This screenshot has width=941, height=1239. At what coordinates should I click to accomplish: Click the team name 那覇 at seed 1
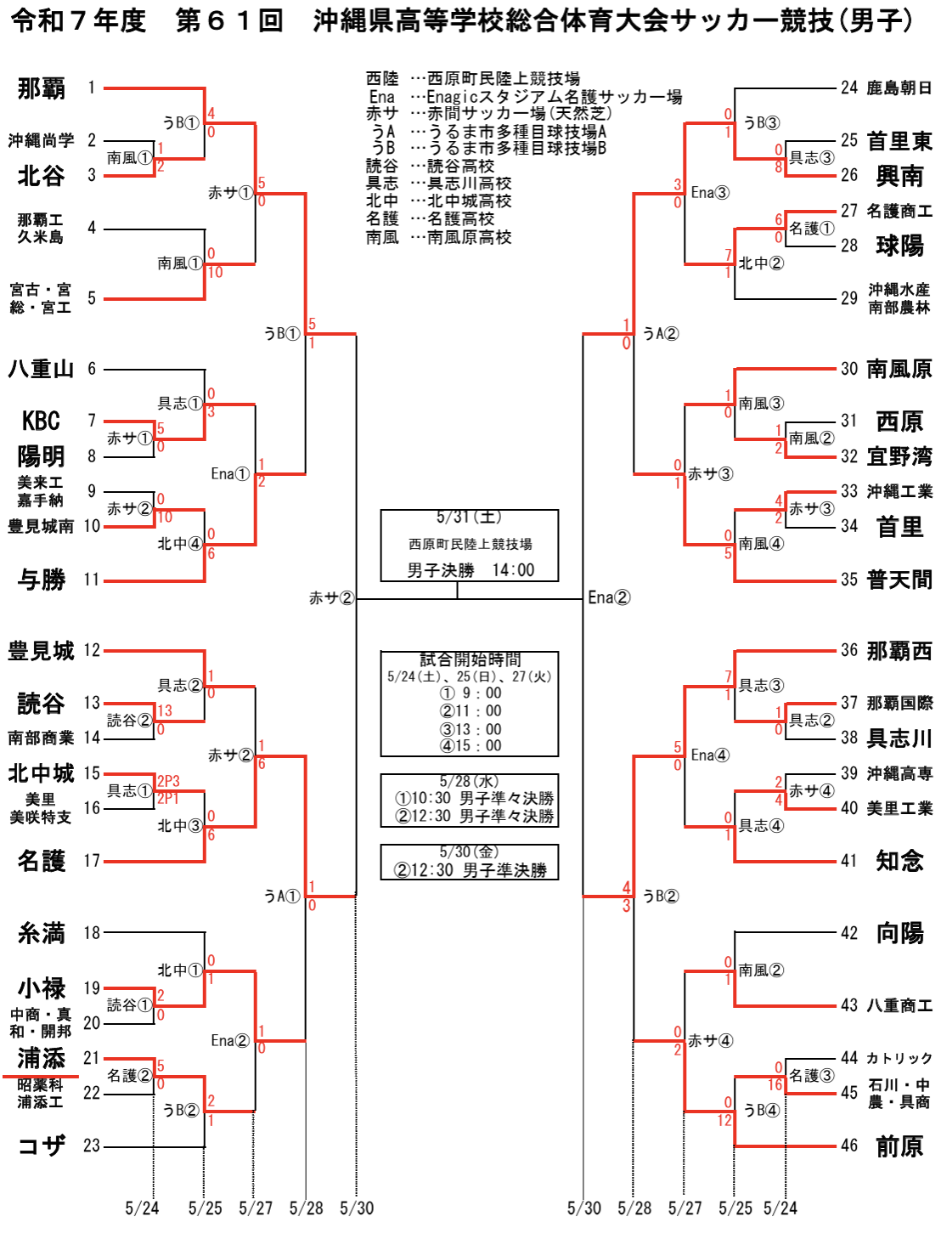click(x=41, y=88)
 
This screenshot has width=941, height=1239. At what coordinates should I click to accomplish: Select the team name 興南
click(x=899, y=176)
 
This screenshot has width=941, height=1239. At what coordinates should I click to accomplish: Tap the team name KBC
click(x=41, y=421)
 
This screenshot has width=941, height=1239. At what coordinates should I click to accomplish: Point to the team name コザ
click(x=41, y=1146)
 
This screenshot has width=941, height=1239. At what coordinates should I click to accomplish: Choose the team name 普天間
click(x=899, y=580)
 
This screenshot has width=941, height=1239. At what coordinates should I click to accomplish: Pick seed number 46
click(x=849, y=1146)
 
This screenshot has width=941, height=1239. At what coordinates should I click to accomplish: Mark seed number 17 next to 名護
click(x=92, y=861)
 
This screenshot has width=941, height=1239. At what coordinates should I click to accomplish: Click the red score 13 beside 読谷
click(x=164, y=711)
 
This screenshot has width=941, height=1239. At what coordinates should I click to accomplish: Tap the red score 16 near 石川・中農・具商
click(x=775, y=1085)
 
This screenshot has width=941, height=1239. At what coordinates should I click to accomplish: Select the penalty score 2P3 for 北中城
click(x=168, y=781)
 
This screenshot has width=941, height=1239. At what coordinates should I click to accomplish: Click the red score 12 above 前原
click(x=724, y=1121)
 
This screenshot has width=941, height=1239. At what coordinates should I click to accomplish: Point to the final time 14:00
click(x=513, y=570)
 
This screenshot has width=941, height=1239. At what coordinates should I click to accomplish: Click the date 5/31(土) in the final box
click(x=469, y=517)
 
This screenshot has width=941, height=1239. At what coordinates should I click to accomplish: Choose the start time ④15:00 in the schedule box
click(x=470, y=745)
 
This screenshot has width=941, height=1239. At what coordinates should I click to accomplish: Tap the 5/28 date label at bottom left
click(x=306, y=1208)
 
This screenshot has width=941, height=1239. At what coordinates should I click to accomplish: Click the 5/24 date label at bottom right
click(x=780, y=1208)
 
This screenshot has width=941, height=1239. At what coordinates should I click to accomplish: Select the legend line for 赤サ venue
click(x=488, y=114)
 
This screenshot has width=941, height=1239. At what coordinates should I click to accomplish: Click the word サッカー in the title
click(x=724, y=21)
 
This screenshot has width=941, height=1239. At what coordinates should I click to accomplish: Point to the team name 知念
click(x=899, y=862)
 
